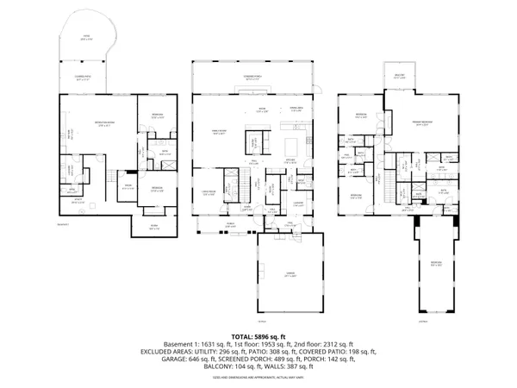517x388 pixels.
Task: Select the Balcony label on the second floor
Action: point(400,73)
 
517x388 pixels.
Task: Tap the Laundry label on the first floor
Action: point(297,203)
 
